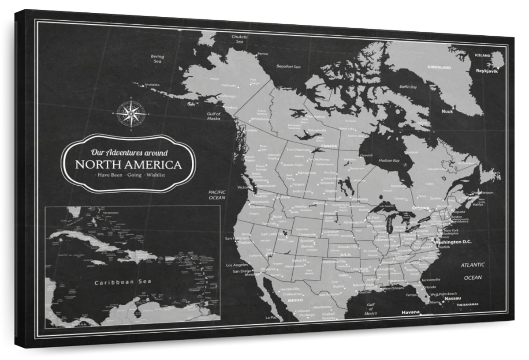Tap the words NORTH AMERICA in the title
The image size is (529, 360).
(128, 165)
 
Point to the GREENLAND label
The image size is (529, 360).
(439, 67)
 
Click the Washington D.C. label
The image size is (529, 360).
(453, 242)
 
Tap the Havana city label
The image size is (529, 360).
(410, 312)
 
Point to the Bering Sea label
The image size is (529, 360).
(157, 59)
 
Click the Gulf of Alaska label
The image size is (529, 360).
(214, 116)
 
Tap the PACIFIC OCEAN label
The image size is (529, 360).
(217, 195)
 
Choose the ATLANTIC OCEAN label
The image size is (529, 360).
(473, 271)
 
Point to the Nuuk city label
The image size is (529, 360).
(447, 112)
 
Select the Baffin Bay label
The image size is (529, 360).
(408, 87)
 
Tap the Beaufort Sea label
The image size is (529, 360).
(288, 67)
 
